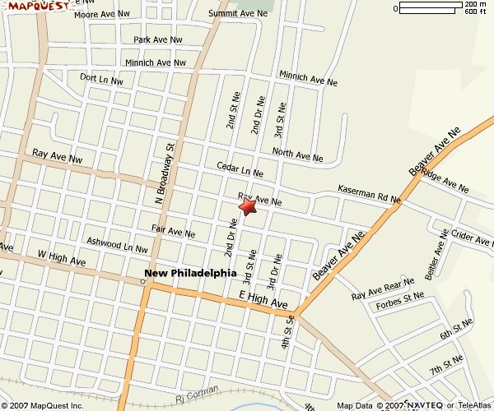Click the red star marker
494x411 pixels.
click(x=247, y=206)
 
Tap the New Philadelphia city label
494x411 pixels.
click(x=190, y=273)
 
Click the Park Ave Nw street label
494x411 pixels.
click(x=158, y=39)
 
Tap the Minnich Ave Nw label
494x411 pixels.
click(x=156, y=62)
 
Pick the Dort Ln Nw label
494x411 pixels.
click(x=101, y=80)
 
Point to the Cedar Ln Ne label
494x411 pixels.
click(x=240, y=169)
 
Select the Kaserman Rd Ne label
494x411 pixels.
click(x=369, y=194)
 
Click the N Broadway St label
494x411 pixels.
click(x=170, y=170)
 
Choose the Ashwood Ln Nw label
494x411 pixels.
click(x=117, y=244)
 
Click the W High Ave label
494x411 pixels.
click(x=62, y=261)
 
